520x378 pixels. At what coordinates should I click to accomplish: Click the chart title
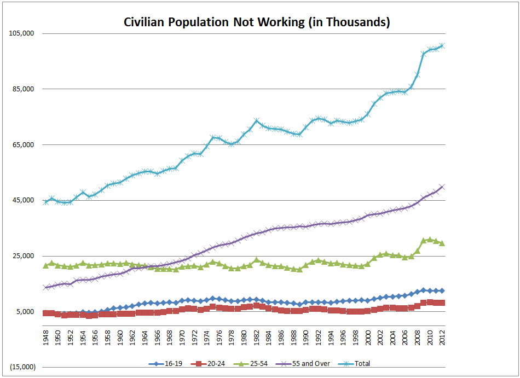click(257, 22)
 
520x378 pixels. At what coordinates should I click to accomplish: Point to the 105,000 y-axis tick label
click(22, 33)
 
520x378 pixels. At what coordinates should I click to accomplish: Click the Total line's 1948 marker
click(46, 202)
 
